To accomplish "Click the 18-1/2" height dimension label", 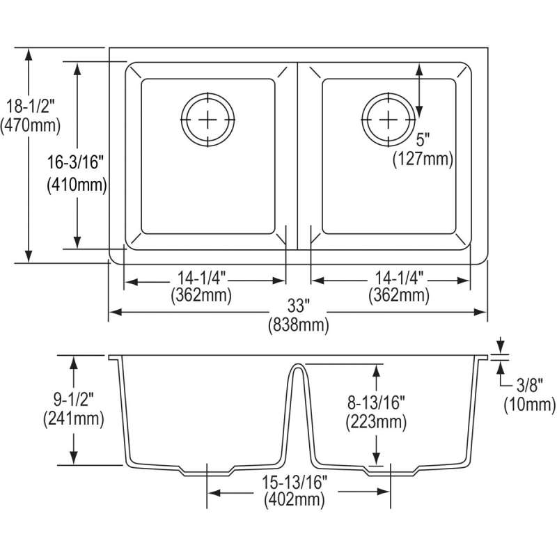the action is pos(31,107).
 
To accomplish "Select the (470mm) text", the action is pos(31,125).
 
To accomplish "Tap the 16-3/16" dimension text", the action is pos(75,163).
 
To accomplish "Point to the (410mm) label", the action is pos(77,185).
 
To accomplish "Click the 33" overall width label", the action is pos(299,306).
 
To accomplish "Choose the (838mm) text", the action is pos(299,325).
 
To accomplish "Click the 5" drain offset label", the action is pos(423,140).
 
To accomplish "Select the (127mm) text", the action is pos(423,159).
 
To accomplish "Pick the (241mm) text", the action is pos(74,419).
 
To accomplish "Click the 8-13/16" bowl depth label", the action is pos(376,403).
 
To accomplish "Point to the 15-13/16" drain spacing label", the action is pos(295,482).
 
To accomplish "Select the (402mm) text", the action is pos(295,500).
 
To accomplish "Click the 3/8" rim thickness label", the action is pos(530,385).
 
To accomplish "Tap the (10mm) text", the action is pos(530,405).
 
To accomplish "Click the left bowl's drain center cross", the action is pos(207,119).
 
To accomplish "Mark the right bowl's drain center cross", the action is pos(389,119).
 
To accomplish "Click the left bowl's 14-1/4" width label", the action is pos(201,278).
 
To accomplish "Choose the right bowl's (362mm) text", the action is pos(399,295).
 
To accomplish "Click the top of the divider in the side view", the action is pos(298,364).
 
